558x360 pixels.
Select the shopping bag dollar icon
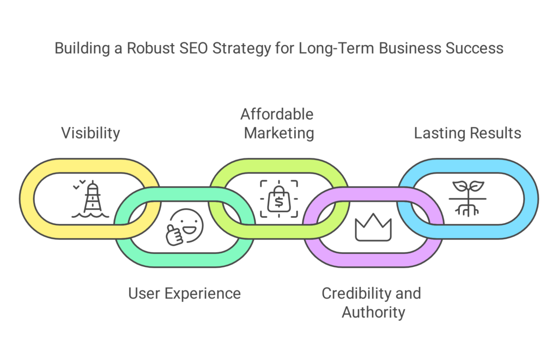point(278,199)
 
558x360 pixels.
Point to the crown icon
point(373,227)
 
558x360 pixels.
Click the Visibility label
point(90,133)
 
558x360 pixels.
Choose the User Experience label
point(184,294)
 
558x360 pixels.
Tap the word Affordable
point(277,114)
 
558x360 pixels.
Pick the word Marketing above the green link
point(279,133)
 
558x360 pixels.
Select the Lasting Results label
point(468,133)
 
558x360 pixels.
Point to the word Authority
point(373,313)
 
